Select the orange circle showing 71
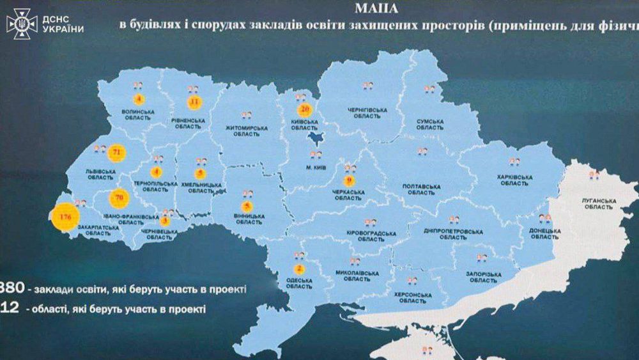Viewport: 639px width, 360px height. click(116, 153)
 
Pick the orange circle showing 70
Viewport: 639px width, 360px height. click(118, 198)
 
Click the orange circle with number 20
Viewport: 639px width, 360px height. click(305, 110)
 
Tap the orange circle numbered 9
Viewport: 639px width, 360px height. click(349, 181)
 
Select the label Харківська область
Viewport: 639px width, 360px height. click(514, 180)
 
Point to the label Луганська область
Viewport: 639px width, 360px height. click(599, 203)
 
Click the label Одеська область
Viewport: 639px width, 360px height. click(299, 283)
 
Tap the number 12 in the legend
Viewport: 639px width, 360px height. click(10, 308)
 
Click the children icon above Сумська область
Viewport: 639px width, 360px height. click(430, 88)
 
